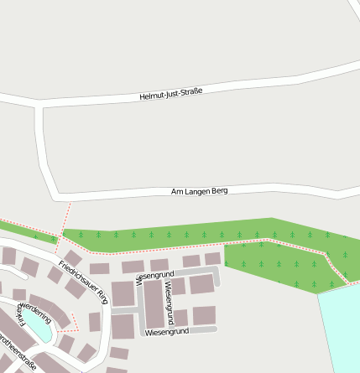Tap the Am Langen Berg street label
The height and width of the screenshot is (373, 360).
pos(199,192)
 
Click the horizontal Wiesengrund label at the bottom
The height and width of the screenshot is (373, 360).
pos(166,333)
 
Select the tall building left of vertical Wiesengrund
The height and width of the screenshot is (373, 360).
pos(153,304)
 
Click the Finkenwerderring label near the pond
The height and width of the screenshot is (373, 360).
pos(35,311)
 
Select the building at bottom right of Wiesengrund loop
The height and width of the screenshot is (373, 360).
pos(204,315)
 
